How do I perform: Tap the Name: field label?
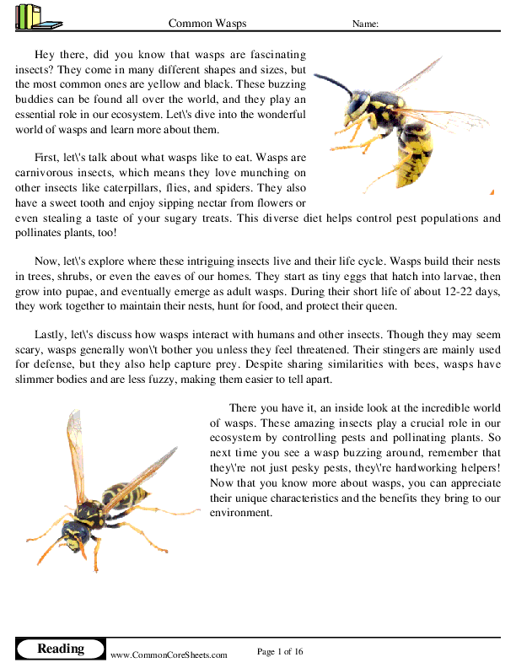[x=364, y=24]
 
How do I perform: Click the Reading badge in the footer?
[x=61, y=649]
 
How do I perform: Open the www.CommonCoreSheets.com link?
[x=169, y=655]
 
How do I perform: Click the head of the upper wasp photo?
[x=357, y=107]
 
